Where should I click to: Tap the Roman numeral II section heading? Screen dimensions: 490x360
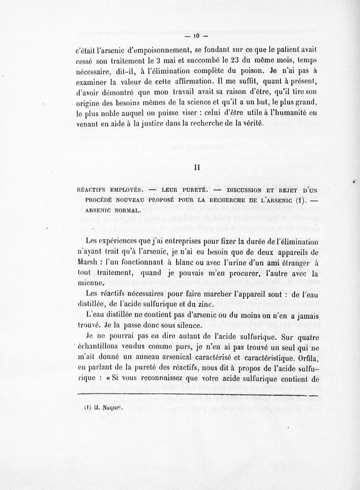pyautogui.click(x=196, y=166)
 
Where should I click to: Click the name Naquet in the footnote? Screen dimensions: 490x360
pyautogui.click(x=105, y=409)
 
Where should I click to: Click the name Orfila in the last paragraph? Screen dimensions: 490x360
pyautogui.click(x=306, y=360)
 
